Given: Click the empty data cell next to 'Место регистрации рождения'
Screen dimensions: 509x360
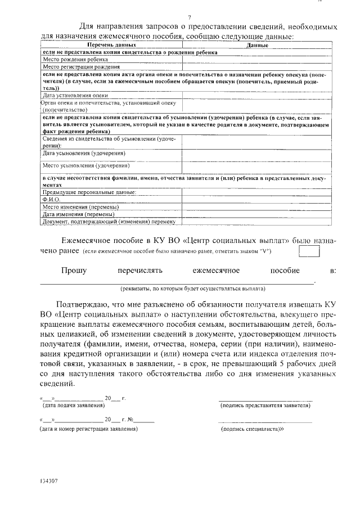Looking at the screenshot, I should (256, 66).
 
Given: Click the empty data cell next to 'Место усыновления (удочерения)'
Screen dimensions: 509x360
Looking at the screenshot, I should (256, 167).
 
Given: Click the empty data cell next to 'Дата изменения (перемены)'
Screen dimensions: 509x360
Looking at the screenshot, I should (256, 214).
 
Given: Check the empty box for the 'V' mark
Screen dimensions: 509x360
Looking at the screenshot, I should (309, 250).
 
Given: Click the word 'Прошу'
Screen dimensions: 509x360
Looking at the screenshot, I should (74, 271).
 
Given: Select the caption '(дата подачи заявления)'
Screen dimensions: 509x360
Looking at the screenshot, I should (74, 405).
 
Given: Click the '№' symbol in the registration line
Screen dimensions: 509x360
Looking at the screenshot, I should (130, 420).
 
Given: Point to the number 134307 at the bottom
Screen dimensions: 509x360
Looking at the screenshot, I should (49, 482).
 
